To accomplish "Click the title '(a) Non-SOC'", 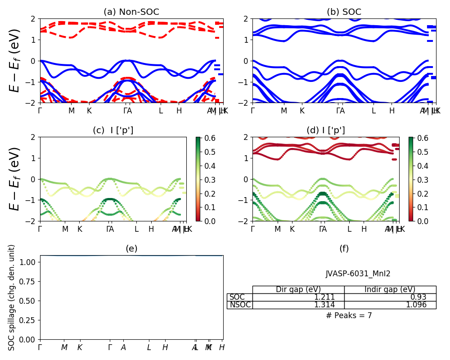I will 131,12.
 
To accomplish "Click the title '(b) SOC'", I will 344,12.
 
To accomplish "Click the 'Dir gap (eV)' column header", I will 298,289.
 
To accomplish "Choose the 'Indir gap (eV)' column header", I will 390,289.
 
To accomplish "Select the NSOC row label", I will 239,305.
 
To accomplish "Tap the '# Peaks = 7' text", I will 349,315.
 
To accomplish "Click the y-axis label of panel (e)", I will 12,297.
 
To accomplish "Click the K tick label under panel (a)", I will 89,111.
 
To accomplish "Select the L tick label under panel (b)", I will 373,111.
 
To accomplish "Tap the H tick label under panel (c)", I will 151,229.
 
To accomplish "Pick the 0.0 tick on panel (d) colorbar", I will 416,221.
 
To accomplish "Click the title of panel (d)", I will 325,130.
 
